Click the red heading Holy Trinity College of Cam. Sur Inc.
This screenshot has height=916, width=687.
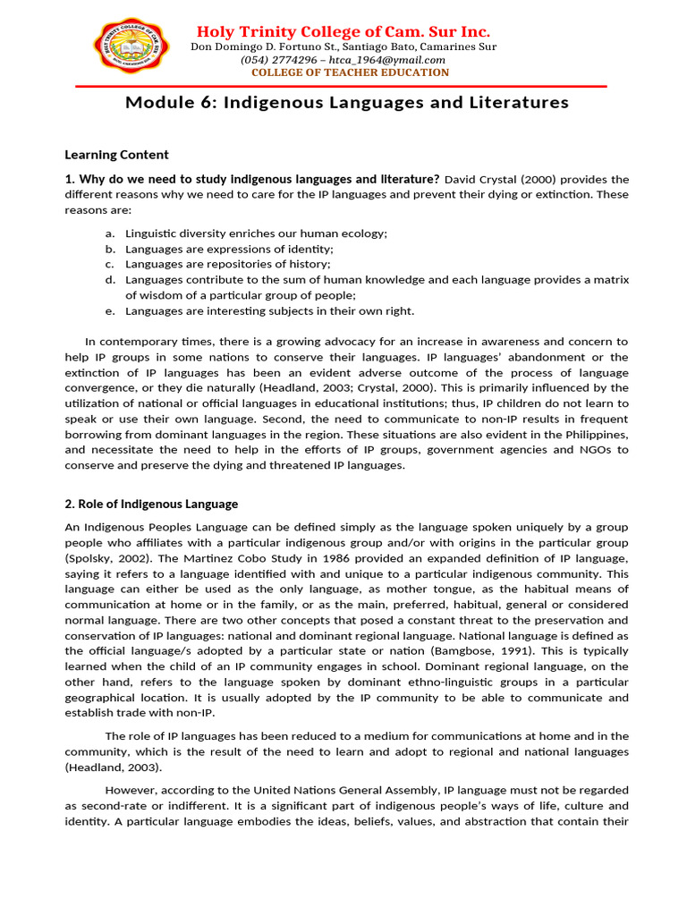tap(343, 31)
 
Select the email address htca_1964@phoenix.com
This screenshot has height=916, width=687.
tap(395, 60)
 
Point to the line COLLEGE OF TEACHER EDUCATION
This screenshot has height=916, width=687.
tap(350, 72)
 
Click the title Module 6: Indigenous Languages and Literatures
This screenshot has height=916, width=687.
tap(347, 103)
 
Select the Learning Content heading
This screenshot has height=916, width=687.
tap(116, 155)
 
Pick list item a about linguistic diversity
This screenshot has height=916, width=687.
tap(256, 233)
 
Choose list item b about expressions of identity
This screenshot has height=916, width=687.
tap(229, 249)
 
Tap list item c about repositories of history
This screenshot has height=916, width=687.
tap(227, 264)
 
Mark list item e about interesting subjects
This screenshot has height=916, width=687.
tap(269, 310)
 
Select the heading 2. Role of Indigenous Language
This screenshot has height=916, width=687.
tap(151, 505)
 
